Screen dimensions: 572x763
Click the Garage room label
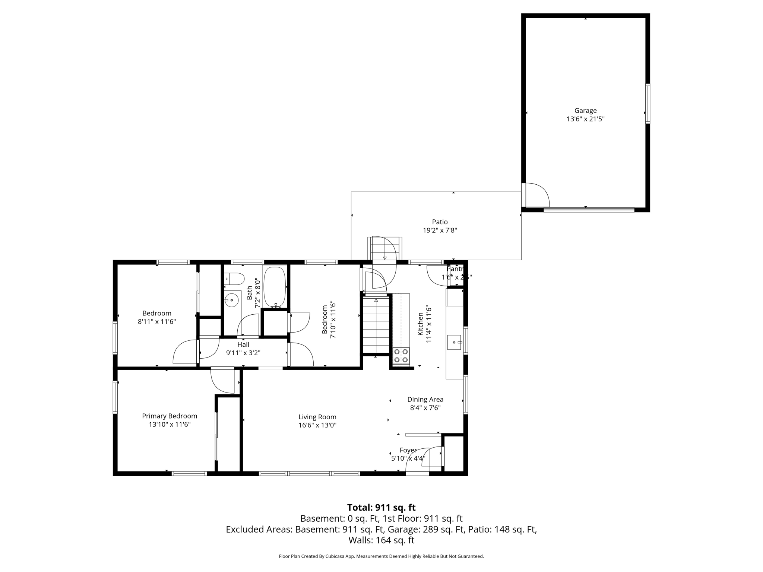coord(585,111)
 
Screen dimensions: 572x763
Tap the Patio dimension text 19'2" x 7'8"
coord(440,231)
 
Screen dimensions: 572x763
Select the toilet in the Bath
coord(234,278)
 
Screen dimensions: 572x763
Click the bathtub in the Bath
coord(275,286)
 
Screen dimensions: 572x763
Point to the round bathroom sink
coord(232,300)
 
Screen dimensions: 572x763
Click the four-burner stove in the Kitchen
coord(401,356)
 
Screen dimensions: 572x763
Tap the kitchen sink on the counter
coord(454,342)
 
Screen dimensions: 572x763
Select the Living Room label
coord(317,417)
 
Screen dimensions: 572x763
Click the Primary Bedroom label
coord(170,416)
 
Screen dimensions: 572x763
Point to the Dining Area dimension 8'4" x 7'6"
coord(425,408)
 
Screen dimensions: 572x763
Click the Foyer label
coord(408,450)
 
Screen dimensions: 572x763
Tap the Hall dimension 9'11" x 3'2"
coord(243,353)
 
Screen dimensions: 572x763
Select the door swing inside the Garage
coord(536,195)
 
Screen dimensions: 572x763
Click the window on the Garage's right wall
coord(648,104)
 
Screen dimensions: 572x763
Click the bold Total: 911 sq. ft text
coord(381,508)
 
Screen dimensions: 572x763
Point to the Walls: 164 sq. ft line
coord(381,540)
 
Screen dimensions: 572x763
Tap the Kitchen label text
coord(420,324)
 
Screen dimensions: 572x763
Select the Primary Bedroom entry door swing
coord(222,381)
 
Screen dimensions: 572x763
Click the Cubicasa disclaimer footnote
coord(381,556)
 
